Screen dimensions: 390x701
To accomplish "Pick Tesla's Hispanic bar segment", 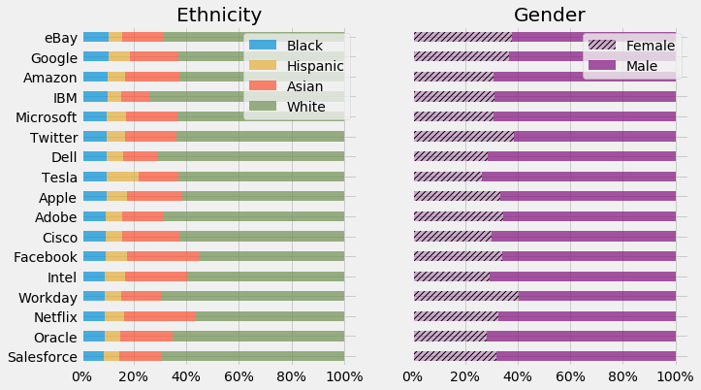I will coord(122,177).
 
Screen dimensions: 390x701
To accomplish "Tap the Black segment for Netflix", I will coord(94,316).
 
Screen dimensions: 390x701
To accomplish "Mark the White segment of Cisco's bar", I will coord(262,237).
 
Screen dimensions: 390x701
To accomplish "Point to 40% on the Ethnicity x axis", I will coord(188,376).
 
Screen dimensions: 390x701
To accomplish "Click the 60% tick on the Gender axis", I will coord(571,376).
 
